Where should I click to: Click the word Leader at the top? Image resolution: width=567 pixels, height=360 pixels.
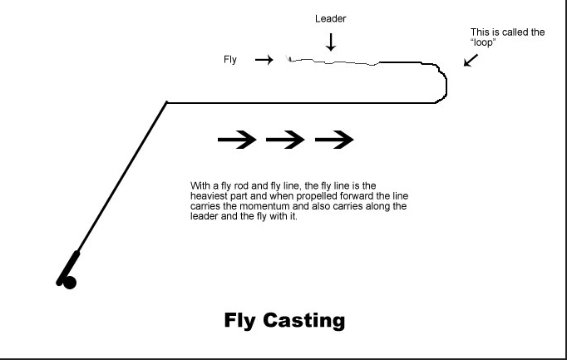[330, 18]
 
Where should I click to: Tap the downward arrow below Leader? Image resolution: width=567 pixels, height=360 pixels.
[331, 42]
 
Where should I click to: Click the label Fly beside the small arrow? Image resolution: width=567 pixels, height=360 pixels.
[230, 60]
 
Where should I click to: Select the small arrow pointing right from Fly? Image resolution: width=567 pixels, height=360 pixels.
[264, 60]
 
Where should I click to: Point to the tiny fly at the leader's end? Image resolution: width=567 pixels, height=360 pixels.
[288, 58]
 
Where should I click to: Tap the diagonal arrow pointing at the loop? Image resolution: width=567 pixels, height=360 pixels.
[471, 61]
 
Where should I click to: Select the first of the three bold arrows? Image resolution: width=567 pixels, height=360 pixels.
[237, 141]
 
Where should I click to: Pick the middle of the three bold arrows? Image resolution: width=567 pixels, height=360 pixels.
[286, 141]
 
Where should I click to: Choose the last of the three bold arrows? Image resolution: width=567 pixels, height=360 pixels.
[335, 141]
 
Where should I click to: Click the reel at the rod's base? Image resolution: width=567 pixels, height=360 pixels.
[67, 281]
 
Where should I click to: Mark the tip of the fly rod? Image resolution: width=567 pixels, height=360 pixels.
[167, 103]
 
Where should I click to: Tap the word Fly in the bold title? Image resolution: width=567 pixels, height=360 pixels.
[241, 320]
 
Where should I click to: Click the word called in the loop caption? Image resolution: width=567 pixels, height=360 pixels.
[515, 33]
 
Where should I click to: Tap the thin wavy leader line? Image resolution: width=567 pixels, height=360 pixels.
[333, 62]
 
